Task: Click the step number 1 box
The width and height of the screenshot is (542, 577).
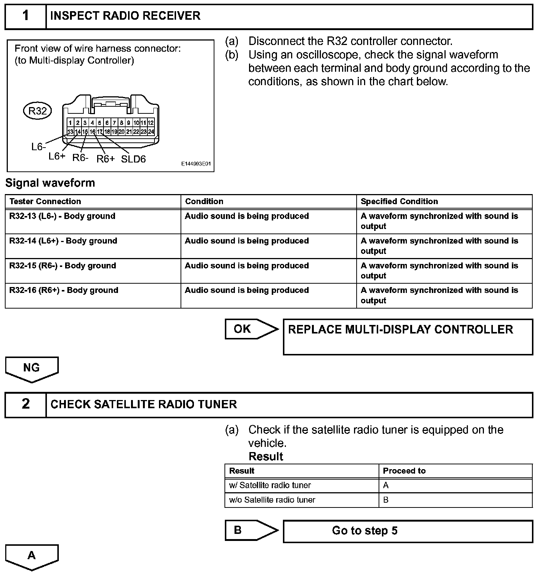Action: [25, 16]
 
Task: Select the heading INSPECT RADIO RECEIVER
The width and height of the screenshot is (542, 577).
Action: [125, 16]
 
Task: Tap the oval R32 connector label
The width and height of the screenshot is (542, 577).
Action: [38, 111]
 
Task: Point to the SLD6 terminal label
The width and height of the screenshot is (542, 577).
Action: [133, 159]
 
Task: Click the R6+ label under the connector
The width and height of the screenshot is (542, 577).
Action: [106, 159]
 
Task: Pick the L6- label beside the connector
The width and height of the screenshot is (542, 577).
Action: [38, 147]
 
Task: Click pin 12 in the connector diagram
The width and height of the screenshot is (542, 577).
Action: [151, 123]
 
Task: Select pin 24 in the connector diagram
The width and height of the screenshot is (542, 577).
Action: [151, 132]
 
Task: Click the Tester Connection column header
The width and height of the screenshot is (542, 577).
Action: [45, 202]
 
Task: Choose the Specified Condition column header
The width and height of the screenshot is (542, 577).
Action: [399, 202]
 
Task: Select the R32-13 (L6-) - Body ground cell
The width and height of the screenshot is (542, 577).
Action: [62, 216]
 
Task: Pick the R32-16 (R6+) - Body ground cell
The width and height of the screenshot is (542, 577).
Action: [64, 290]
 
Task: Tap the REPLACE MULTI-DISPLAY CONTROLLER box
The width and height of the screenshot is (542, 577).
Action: [408, 336]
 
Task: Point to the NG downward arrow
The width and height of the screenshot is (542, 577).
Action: [32, 369]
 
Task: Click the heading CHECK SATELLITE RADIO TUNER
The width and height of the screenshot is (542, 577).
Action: [144, 404]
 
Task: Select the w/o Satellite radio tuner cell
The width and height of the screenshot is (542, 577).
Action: [272, 500]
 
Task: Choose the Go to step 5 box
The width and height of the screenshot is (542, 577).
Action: [408, 531]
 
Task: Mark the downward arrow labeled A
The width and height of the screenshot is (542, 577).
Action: [32, 557]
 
